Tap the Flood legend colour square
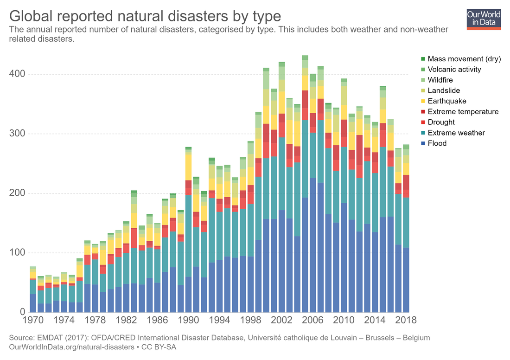click(422, 143)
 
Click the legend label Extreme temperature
click(463, 111)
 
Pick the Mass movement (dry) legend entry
click(464, 59)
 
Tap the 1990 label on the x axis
click(189, 320)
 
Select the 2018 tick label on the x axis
click(405, 320)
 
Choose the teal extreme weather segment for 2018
click(406, 223)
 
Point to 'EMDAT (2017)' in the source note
click(57, 338)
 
